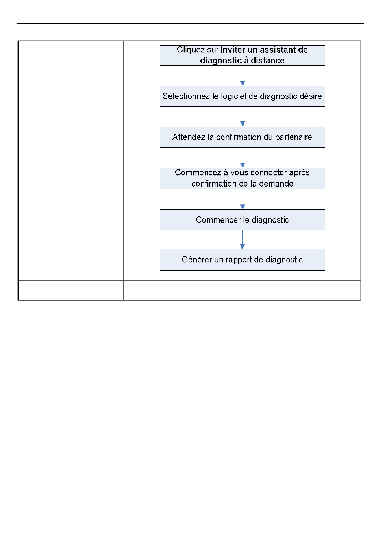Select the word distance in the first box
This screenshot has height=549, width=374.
click(x=267, y=60)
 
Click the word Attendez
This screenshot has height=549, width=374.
click(x=189, y=137)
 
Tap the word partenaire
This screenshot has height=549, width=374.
click(x=293, y=137)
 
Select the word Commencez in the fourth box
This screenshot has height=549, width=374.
click(x=198, y=172)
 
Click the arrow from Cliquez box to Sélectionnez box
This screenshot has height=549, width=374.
click(x=243, y=76)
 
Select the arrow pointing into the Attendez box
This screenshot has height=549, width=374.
click(x=243, y=117)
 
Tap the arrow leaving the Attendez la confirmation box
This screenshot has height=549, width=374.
click(x=243, y=158)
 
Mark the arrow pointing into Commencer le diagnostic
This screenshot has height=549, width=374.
click(x=243, y=199)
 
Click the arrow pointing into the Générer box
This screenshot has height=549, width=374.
click(x=242, y=240)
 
